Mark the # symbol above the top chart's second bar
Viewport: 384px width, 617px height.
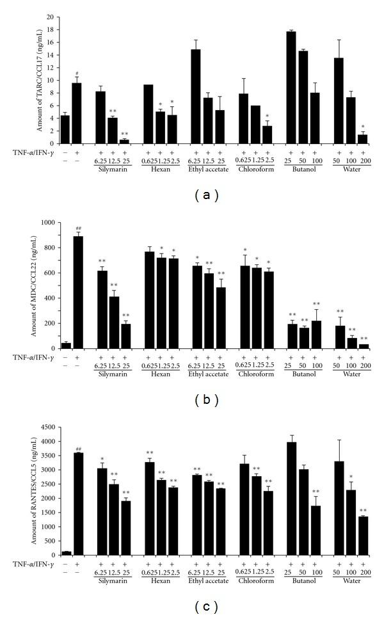click(77, 73)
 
